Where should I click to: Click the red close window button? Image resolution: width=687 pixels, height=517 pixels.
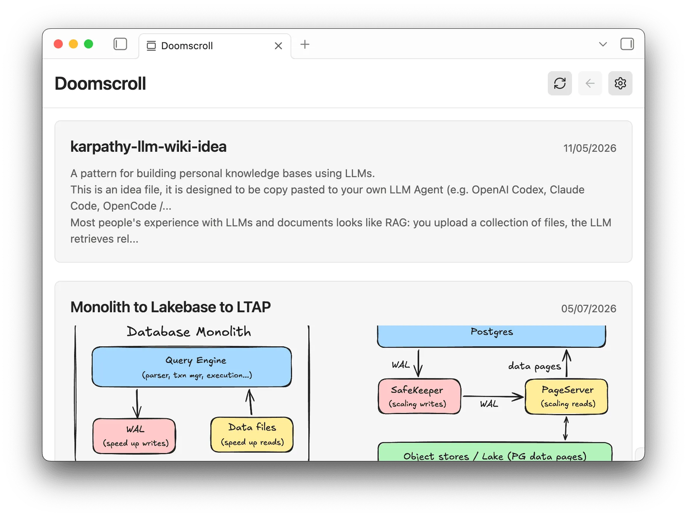(x=58, y=44)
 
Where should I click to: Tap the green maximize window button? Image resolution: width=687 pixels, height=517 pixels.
(x=89, y=44)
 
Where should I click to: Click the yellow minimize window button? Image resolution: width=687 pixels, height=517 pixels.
(x=73, y=44)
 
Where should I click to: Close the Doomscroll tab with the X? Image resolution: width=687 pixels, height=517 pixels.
(x=278, y=46)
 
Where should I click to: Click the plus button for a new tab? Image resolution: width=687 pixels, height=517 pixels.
(x=305, y=45)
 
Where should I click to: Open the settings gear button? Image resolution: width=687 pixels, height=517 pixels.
(x=620, y=83)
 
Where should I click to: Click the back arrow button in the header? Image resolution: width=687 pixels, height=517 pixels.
(x=590, y=83)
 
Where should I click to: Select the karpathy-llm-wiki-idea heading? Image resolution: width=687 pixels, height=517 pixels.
(x=148, y=147)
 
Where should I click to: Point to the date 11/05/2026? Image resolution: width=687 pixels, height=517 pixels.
(x=590, y=148)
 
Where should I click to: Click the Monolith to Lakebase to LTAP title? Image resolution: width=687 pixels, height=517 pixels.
(x=171, y=307)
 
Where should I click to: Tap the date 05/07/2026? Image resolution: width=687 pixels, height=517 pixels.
(x=589, y=308)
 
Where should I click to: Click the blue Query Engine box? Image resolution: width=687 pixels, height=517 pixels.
(x=192, y=367)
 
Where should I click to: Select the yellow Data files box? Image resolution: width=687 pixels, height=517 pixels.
(x=252, y=435)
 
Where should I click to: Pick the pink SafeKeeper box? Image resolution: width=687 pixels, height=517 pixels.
(x=420, y=396)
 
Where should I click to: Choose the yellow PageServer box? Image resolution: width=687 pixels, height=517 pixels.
(x=566, y=396)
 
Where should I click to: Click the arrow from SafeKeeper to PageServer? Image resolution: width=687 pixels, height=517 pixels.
(x=493, y=397)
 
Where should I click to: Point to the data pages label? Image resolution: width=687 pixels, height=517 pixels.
(x=535, y=366)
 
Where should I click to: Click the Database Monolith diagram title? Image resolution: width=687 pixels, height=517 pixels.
(x=189, y=332)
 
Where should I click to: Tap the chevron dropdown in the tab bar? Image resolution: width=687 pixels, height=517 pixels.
(x=603, y=44)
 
